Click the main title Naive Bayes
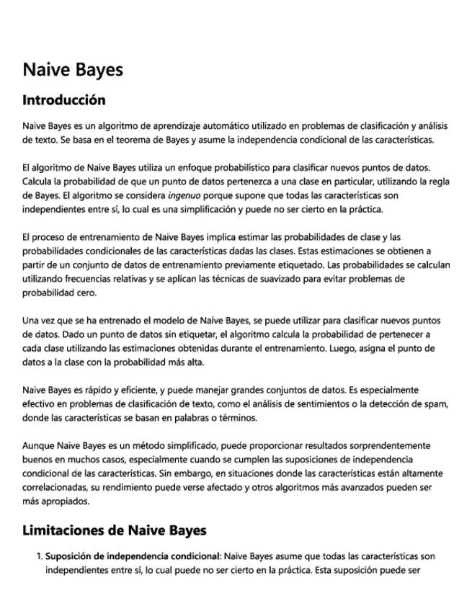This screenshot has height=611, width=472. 73,70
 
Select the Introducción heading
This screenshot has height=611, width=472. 64,99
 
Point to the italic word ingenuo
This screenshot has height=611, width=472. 182,195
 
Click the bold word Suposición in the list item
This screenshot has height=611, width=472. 71,556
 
